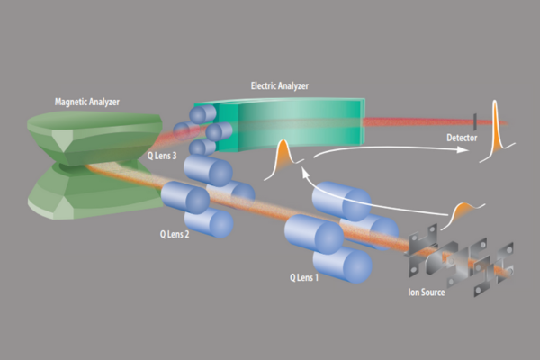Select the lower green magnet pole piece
tap(76, 193)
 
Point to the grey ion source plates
tap(454, 256)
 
